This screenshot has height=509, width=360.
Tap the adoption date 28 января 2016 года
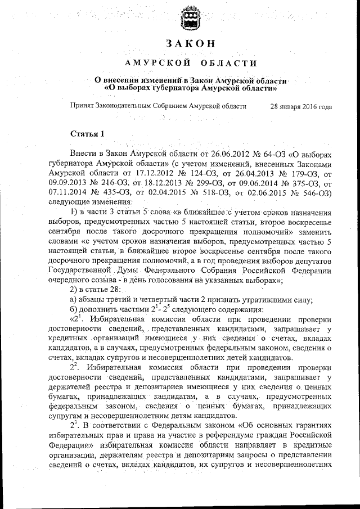pyautogui.click(x=301, y=106)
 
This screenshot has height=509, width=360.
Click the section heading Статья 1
pyautogui.click(x=87, y=133)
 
